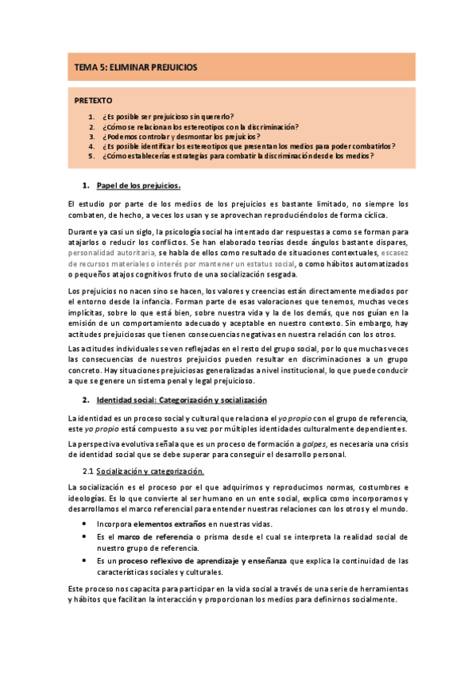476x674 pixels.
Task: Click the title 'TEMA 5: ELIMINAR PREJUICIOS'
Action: tap(136, 68)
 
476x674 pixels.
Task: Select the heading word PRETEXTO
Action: tap(93, 101)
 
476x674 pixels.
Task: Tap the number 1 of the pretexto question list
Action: tap(92, 116)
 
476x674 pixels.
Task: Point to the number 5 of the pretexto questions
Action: tap(92, 156)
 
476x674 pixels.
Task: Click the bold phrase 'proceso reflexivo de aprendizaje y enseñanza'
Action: tap(198, 560)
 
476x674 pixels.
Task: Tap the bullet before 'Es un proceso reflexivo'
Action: tap(86, 561)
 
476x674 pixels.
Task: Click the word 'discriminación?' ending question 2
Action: tap(272, 126)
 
